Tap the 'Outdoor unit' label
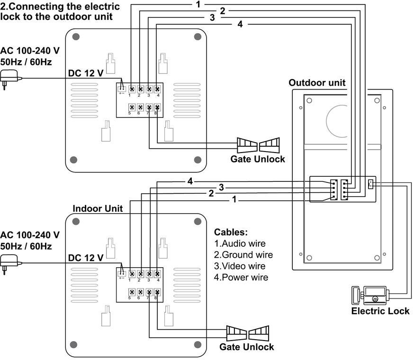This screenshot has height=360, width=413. [317, 83]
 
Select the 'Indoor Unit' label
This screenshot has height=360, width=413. [98, 208]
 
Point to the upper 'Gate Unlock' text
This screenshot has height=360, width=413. [258, 159]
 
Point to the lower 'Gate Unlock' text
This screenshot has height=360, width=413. [246, 347]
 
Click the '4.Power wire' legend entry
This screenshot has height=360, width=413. [241, 278]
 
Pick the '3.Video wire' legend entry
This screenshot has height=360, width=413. [240, 266]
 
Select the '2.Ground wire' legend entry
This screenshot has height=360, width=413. [243, 255]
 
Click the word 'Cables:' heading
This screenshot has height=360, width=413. [231, 233]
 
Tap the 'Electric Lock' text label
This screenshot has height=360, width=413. [380, 311]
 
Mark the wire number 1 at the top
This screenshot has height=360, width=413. [198, 4]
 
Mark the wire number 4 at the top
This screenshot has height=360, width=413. [240, 24]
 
